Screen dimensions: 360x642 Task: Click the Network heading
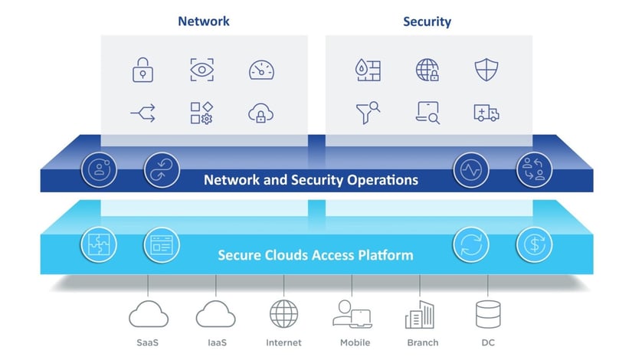[204, 21]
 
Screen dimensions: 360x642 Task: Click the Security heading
[427, 21]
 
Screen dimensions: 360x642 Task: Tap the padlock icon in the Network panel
[142, 70]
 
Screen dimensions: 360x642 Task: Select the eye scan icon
[202, 70]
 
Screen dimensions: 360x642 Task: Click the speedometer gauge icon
[260, 70]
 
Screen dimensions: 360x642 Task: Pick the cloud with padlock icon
[260, 114]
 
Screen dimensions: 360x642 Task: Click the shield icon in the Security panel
[486, 70]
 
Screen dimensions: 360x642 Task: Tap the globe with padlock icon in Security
[427, 70]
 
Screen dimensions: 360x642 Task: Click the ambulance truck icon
[486, 114]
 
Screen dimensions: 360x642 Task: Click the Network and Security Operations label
[310, 180]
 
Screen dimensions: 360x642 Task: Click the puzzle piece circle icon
[98, 245]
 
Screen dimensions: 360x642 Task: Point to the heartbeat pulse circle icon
[471, 170]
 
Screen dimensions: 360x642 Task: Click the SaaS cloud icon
[149, 314]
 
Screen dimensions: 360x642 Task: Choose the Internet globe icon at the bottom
[283, 314]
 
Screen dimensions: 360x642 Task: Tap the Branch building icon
[419, 314]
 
